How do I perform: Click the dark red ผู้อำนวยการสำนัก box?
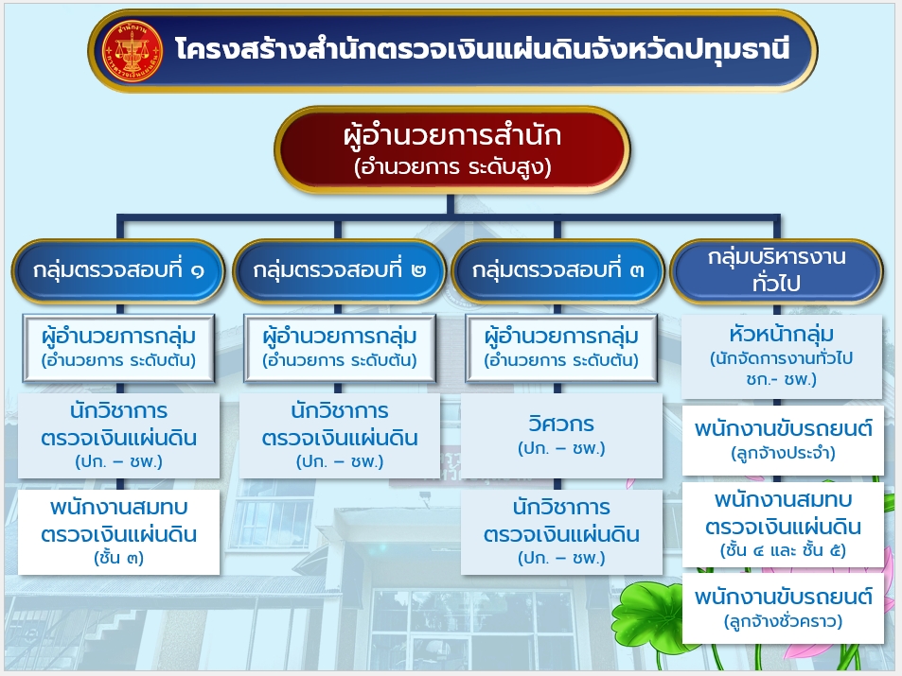(x=452, y=150)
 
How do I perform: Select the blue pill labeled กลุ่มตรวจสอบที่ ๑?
(x=118, y=270)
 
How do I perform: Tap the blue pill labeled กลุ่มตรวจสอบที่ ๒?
(x=340, y=270)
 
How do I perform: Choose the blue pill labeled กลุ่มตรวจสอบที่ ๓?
(x=558, y=270)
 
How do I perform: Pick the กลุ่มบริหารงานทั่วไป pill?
(x=776, y=270)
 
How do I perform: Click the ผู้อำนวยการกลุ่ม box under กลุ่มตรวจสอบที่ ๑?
(x=118, y=348)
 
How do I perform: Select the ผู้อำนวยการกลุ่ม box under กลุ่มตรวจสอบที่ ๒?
(x=340, y=348)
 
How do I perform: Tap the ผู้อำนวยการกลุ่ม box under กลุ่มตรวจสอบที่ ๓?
(x=561, y=348)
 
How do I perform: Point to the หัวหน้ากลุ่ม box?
(x=781, y=356)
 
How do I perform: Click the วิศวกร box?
(x=561, y=435)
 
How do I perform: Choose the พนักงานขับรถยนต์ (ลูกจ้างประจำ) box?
(x=783, y=441)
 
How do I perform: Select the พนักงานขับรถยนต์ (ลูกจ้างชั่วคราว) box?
(x=783, y=609)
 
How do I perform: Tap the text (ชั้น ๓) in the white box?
(x=118, y=558)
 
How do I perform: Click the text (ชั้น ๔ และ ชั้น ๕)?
(x=783, y=550)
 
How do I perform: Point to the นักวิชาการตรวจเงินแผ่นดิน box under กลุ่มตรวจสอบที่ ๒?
(x=340, y=436)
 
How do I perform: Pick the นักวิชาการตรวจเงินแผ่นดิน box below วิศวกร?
(x=561, y=531)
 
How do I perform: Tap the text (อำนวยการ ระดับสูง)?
(x=452, y=167)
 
